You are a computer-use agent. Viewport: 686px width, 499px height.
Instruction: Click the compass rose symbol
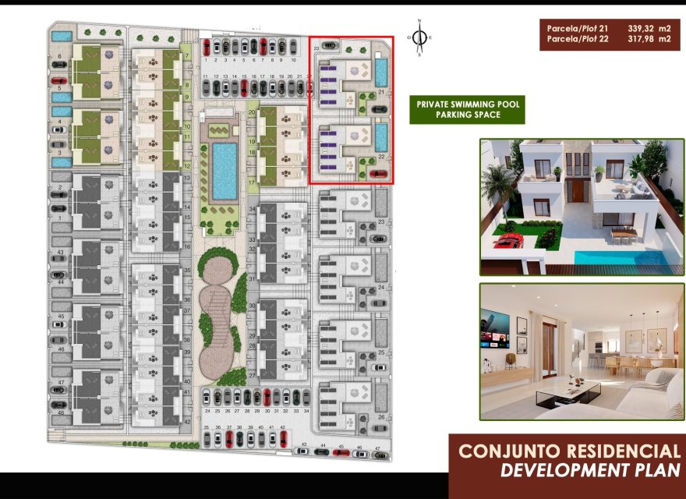(420, 37)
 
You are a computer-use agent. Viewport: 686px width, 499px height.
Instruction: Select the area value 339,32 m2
(649, 29)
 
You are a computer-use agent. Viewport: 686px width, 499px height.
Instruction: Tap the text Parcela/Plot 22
(578, 39)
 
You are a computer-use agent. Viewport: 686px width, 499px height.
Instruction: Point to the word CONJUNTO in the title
(508, 451)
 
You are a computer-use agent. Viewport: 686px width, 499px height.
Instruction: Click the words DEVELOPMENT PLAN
(589, 469)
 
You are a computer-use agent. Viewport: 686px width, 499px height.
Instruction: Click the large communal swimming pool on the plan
(225, 170)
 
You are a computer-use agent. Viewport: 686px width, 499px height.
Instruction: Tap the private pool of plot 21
(381, 73)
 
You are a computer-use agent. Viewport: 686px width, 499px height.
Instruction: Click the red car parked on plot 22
(379, 174)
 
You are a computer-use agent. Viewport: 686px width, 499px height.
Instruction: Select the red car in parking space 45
(340, 451)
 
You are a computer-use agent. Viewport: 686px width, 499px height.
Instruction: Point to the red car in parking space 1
(206, 48)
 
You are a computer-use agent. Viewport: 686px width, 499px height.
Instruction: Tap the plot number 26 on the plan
(381, 416)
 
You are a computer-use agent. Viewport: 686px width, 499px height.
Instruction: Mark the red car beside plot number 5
(58, 80)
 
